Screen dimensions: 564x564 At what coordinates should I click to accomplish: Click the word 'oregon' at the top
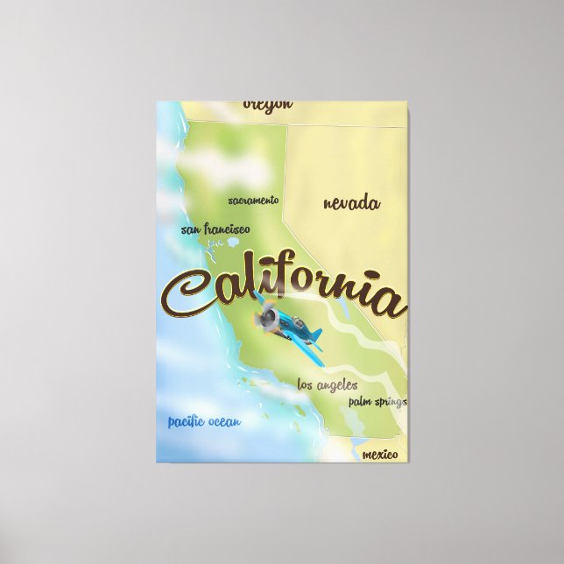[267, 104]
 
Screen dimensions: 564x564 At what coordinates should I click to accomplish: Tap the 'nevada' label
[351, 204]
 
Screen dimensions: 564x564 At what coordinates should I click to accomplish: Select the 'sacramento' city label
[253, 201]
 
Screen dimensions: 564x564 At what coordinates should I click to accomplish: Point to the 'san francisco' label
[215, 229]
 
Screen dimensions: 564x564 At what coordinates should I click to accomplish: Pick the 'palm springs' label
[377, 401]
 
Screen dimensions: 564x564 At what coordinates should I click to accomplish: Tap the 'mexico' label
[379, 455]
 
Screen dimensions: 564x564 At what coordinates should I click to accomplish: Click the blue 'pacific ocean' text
[204, 423]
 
